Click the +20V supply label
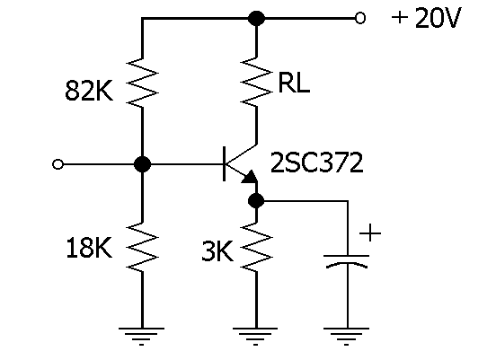[427, 18]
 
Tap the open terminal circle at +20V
[360, 18]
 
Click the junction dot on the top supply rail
[256, 18]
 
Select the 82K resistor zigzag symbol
[142, 83]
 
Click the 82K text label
[89, 91]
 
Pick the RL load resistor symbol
[256, 82]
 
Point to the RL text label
[294, 83]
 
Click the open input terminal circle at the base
[58, 164]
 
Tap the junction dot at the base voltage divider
[142, 164]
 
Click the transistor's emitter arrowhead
[250, 177]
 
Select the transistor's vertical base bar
[225, 163]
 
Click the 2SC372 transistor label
[316, 162]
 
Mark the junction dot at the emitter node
[256, 201]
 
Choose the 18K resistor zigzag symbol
[142, 247]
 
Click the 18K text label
[89, 248]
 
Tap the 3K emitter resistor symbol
[256, 247]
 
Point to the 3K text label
[217, 251]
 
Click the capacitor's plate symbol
[347, 261]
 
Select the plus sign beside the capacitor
[370, 233]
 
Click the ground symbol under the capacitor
[346, 337]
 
